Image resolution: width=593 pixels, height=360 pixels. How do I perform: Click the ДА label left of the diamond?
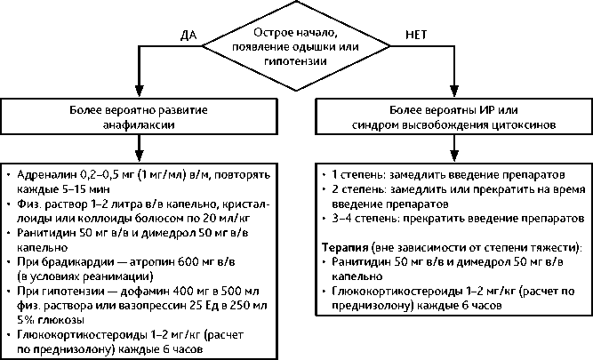pos(188,36)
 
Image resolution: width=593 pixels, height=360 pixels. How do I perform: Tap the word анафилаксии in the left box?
pos(137,126)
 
